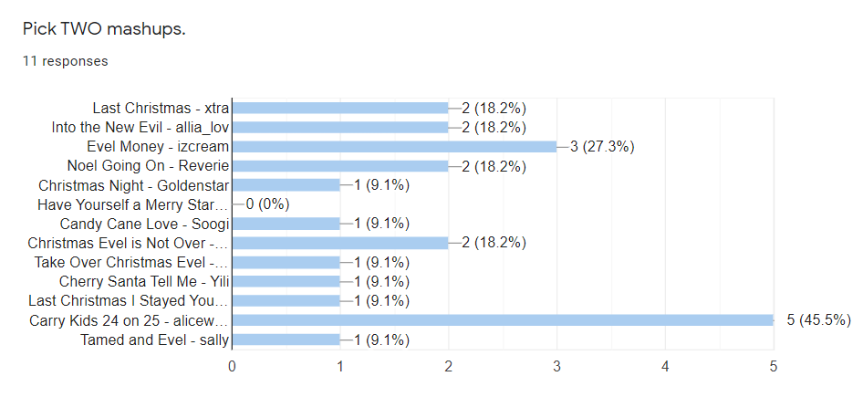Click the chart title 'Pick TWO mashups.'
point(104,29)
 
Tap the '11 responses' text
point(65,61)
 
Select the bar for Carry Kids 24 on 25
point(503,320)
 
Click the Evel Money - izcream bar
point(395,147)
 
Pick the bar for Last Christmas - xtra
point(340,108)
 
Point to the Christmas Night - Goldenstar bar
point(286,185)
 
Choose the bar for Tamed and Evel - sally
point(286,340)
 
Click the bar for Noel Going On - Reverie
point(340,166)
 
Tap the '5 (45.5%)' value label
point(819,320)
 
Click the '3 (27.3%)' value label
point(602,147)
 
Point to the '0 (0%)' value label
point(267,204)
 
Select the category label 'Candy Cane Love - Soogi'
point(144,225)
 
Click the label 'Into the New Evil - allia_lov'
point(140,127)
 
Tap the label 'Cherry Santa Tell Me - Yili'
point(144,282)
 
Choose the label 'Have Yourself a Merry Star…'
point(132,204)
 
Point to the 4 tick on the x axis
point(665,366)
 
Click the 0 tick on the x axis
point(233,366)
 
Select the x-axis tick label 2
point(449,366)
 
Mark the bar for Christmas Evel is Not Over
point(340,243)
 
